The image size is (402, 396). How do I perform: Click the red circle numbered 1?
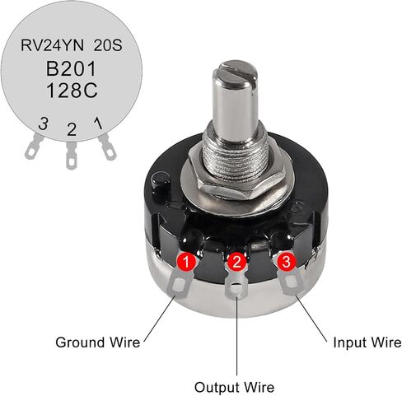186,261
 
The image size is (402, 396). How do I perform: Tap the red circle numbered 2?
236,261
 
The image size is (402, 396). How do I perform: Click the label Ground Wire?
98,342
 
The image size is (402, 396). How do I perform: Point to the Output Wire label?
234,387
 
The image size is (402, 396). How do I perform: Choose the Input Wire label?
367,342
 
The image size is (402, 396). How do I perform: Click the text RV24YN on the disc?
52,45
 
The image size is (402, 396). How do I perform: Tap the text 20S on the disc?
108,45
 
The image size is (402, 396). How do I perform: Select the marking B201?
71,68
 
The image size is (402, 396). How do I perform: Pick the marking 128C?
72,91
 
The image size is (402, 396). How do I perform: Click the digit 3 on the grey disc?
43,123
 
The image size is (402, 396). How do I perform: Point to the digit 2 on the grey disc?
72,129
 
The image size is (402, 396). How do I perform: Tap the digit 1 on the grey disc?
98,123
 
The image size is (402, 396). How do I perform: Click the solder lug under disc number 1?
180,284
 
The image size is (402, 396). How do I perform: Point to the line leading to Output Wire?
236,336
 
